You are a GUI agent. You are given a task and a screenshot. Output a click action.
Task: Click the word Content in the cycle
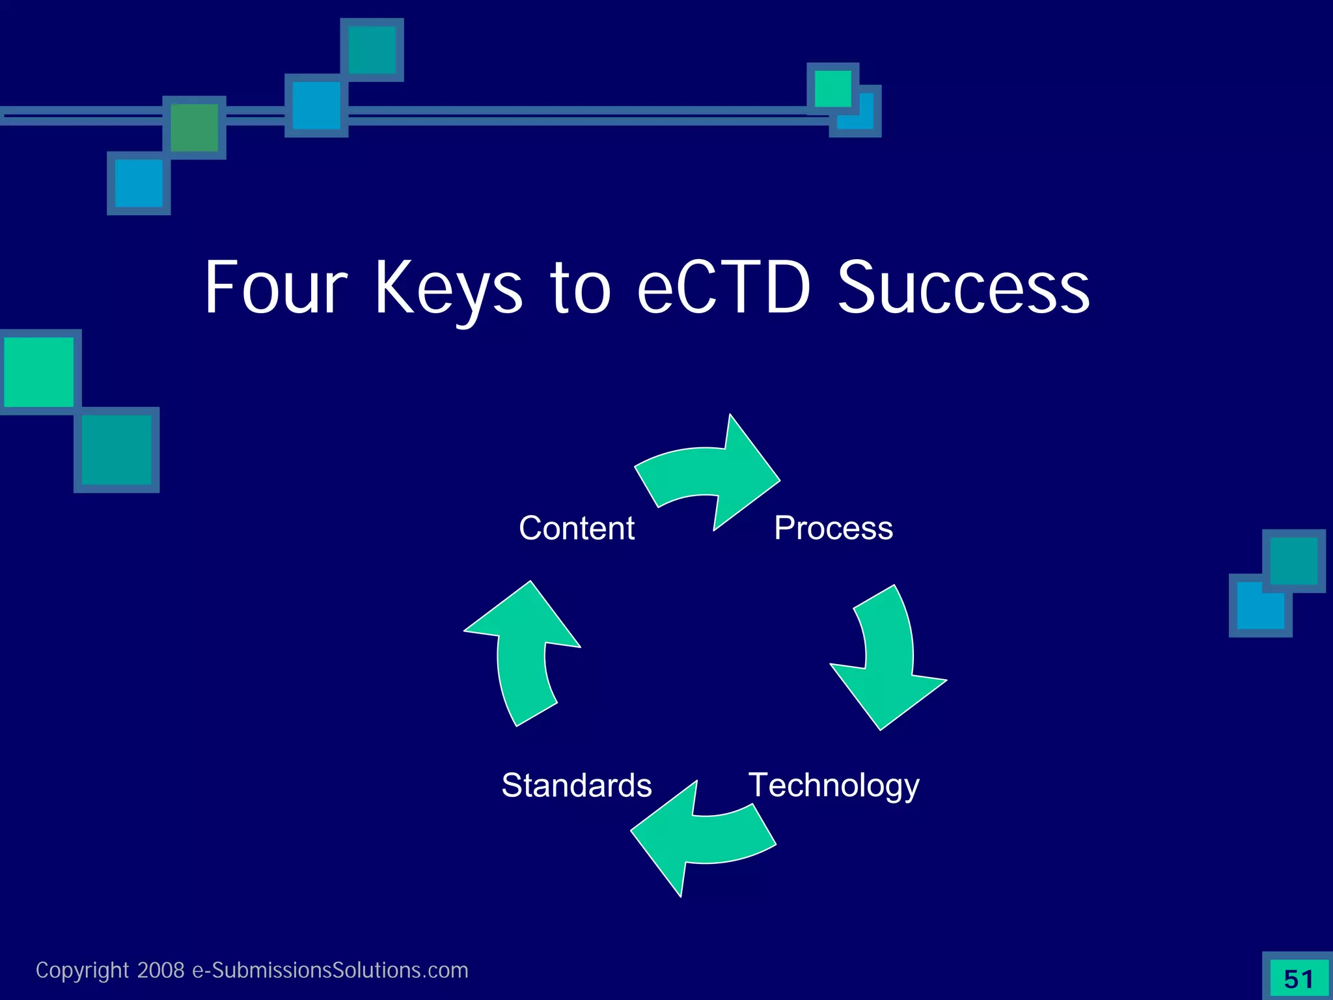[x=576, y=528]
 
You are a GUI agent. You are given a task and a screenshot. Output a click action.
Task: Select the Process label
[x=833, y=528]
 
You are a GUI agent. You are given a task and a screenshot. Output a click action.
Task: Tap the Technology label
[x=834, y=785]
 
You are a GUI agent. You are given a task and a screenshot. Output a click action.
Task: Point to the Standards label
[x=576, y=785]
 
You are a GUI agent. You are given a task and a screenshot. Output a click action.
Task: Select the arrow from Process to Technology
[x=888, y=658]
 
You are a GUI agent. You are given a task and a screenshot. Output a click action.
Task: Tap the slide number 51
[x=1299, y=979]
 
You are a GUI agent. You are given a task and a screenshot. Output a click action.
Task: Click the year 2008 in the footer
[x=161, y=970]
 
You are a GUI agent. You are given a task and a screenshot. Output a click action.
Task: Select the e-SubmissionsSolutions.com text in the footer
[x=330, y=970]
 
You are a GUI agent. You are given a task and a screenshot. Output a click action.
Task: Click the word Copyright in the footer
[x=82, y=971]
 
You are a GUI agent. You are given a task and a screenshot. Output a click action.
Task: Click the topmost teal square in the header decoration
[x=372, y=50]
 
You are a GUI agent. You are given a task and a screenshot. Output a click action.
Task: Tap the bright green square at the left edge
[x=38, y=372]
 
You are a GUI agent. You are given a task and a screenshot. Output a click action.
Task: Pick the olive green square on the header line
[x=194, y=128]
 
